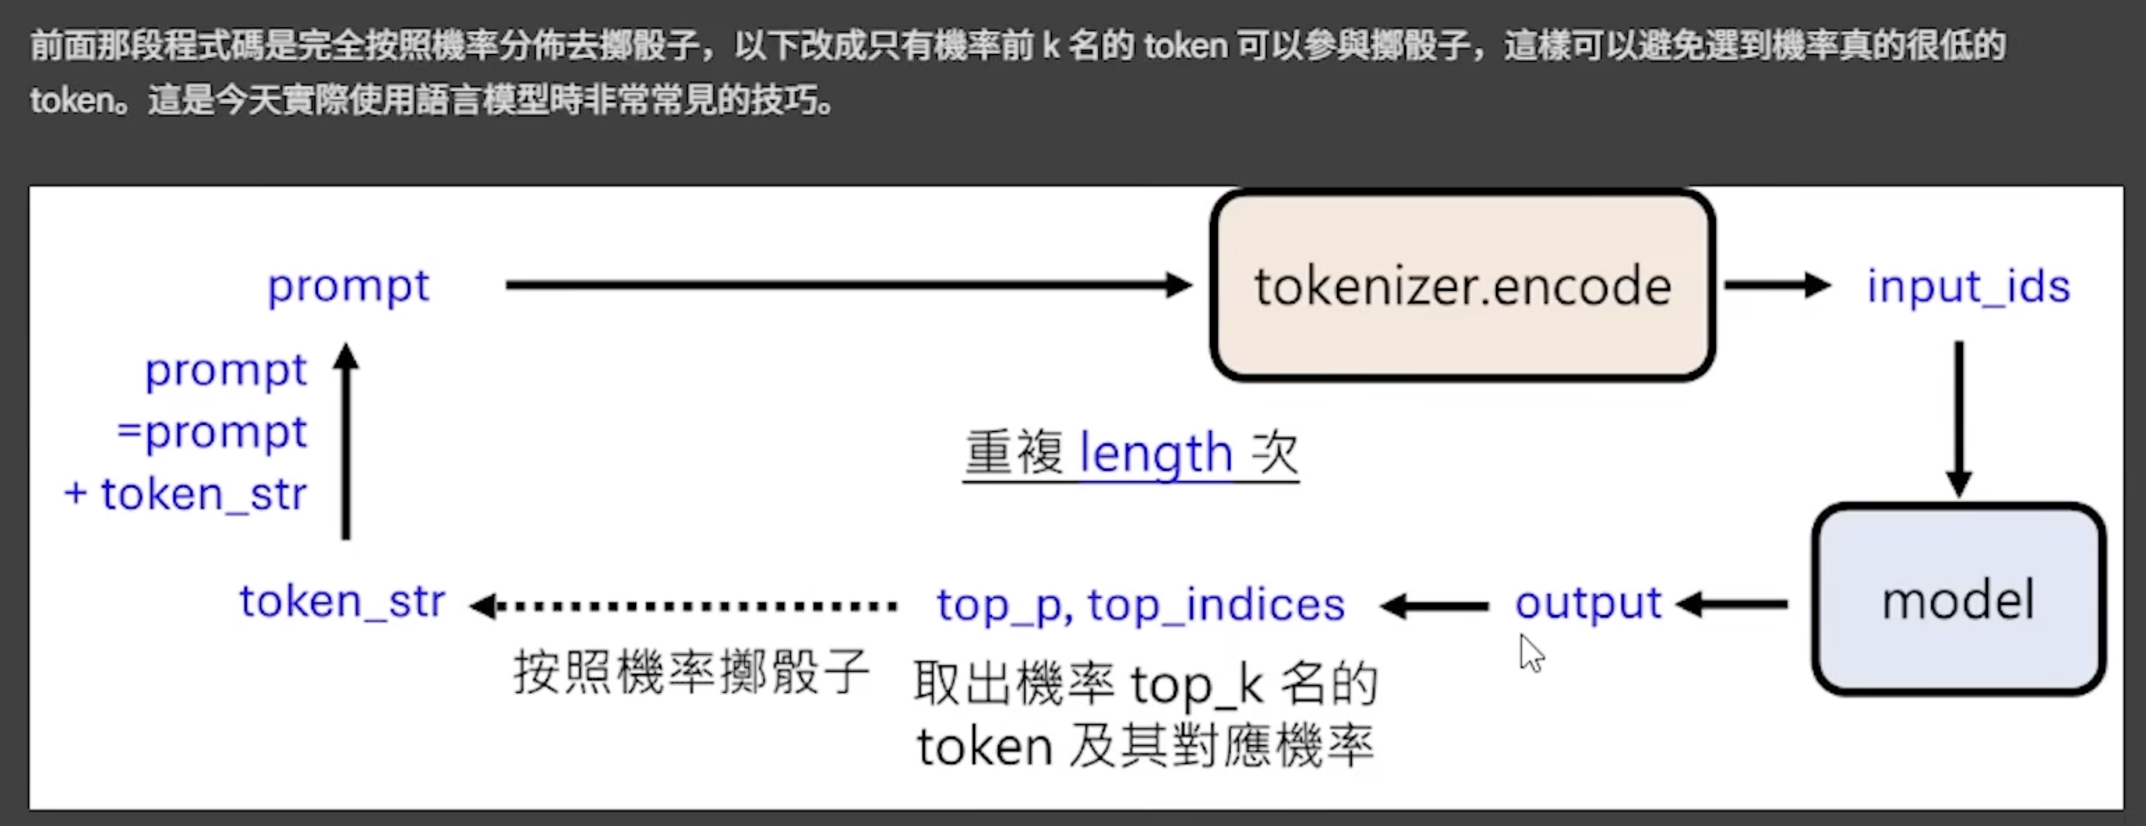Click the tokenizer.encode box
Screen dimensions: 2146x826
[1462, 286]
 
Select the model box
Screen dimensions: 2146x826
[1959, 600]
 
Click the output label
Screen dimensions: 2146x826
[1588, 603]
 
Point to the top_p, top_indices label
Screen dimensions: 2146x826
[1140, 605]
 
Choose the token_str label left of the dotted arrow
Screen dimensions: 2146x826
[342, 601]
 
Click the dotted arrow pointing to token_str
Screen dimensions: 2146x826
[683, 606]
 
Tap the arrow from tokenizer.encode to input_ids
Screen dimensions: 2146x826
[1776, 286]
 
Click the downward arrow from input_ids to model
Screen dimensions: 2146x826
[1959, 417]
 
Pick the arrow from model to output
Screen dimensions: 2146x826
[1732, 604]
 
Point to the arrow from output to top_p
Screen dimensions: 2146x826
[1435, 606]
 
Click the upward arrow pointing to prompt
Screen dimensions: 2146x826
[345, 442]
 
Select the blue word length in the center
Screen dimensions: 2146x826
[1155, 455]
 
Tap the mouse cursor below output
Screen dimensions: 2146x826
[1531, 654]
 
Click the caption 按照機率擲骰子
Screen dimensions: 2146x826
[692, 672]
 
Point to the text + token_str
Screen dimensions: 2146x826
[186, 495]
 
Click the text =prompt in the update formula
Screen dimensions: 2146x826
[212, 433]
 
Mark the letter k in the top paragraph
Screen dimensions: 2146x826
[1050, 45]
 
